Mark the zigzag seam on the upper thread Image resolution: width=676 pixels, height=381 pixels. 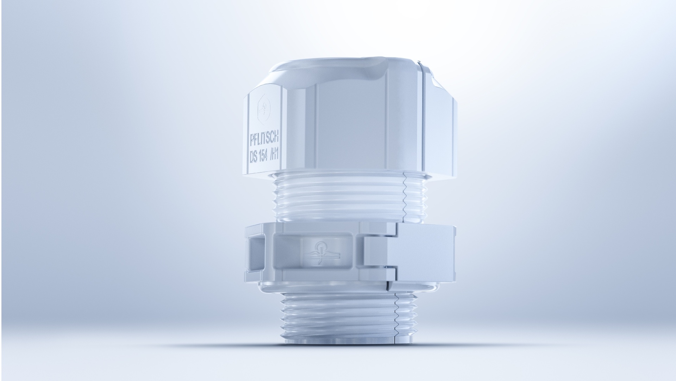(405, 198)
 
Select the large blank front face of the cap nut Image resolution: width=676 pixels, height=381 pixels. (352, 123)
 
